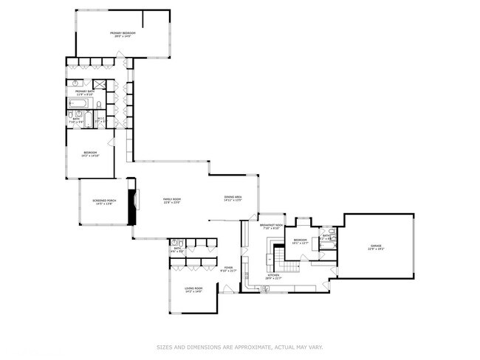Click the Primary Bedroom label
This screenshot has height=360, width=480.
[123, 34]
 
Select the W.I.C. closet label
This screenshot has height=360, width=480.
[100, 120]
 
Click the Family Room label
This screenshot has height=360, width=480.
[172, 201]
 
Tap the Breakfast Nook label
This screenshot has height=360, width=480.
[271, 226]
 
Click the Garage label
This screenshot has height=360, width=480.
[377, 248]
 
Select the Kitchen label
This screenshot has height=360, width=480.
[273, 277]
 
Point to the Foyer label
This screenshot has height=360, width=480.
[228, 270]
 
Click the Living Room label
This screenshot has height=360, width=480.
[194, 290]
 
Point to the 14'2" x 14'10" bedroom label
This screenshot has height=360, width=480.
[91, 154]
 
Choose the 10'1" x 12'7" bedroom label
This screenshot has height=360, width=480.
[301, 241]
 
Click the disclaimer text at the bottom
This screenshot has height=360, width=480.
[239, 346]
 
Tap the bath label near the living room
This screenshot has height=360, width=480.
[177, 249]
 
